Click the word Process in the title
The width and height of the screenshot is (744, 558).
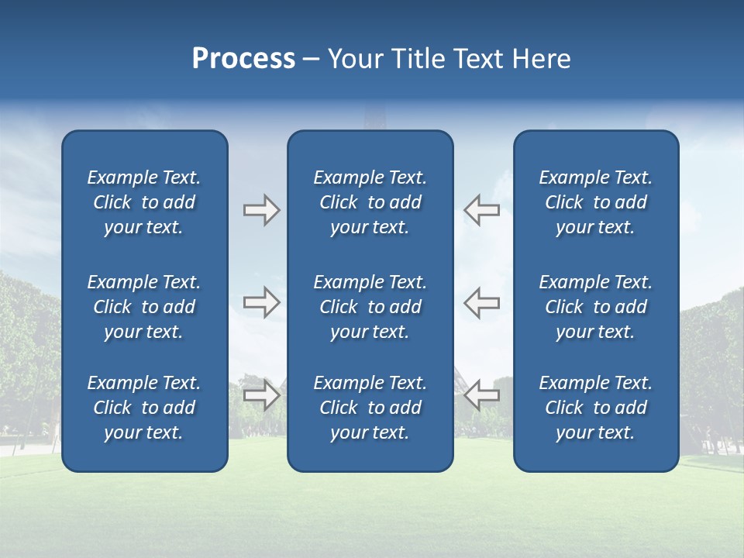click(x=243, y=59)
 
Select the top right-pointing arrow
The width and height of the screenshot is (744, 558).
click(x=261, y=210)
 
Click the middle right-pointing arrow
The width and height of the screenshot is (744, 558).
click(x=261, y=302)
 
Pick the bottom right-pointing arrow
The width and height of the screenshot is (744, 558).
click(x=261, y=394)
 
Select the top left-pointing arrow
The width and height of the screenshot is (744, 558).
click(x=481, y=210)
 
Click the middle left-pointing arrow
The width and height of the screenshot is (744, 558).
click(x=481, y=302)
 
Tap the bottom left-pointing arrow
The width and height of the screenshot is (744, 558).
click(x=481, y=394)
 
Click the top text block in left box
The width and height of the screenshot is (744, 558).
click(x=144, y=202)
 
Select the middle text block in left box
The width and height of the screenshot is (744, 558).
click(x=144, y=307)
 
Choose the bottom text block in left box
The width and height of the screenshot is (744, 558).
click(x=144, y=408)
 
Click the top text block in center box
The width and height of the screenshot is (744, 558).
click(x=370, y=202)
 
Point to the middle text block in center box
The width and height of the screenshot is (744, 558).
click(x=370, y=307)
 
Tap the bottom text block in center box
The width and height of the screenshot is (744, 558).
click(x=370, y=408)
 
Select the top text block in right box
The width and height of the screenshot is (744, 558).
click(x=596, y=202)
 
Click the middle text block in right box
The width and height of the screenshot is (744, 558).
click(x=596, y=307)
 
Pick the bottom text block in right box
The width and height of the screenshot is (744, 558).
click(x=596, y=408)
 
